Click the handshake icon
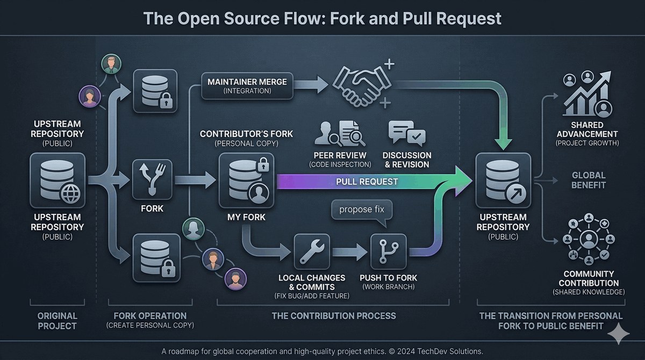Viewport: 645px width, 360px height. click(x=362, y=85)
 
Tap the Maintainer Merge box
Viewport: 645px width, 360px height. click(x=247, y=86)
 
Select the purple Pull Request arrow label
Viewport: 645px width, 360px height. click(x=367, y=182)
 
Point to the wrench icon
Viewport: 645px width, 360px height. click(x=312, y=251)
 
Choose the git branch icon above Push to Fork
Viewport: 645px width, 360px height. click(x=389, y=251)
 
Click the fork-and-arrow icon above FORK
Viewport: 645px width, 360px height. click(x=152, y=179)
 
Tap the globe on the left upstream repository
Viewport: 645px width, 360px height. click(x=70, y=193)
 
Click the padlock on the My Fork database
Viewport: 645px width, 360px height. click(x=263, y=164)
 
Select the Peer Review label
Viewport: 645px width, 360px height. click(x=340, y=155)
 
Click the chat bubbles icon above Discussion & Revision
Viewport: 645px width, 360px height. click(x=406, y=133)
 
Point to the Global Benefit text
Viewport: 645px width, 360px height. click(x=589, y=180)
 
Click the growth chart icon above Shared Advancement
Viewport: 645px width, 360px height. click(x=587, y=93)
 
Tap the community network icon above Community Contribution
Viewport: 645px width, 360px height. click(x=589, y=239)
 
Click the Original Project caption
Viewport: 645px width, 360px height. click(x=58, y=321)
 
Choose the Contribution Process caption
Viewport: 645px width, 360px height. click(x=334, y=316)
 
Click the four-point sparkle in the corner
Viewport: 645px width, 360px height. click(x=619, y=334)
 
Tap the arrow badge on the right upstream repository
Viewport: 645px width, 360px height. click(x=515, y=194)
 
